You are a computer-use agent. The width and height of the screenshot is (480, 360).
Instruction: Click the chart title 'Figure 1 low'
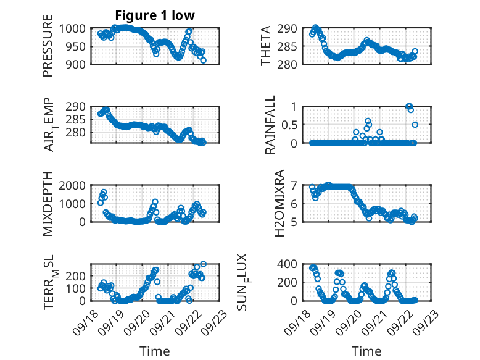pos(154,15)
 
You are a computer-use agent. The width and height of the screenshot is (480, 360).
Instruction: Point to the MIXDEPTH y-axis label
pos(48,203)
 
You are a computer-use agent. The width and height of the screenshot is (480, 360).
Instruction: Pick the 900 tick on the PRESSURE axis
pos(78,64)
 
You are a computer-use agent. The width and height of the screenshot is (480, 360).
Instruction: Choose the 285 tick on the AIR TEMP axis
pos(78,119)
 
